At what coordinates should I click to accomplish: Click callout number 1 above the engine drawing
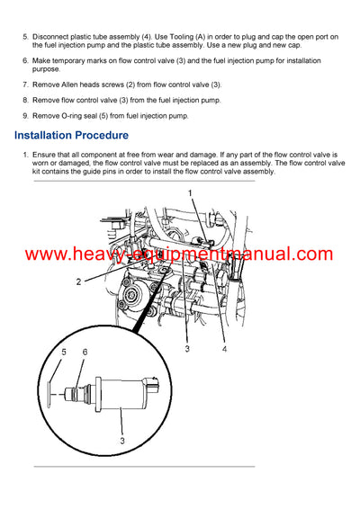pos(190,193)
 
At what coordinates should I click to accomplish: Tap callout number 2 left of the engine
pos(78,281)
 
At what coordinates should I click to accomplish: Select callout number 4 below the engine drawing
pos(223,348)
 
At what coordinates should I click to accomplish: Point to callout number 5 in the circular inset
pos(64,352)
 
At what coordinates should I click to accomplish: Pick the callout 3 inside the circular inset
pos(121,442)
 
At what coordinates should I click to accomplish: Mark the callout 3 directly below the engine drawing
pos(186,348)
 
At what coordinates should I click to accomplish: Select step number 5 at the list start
pos(25,36)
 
